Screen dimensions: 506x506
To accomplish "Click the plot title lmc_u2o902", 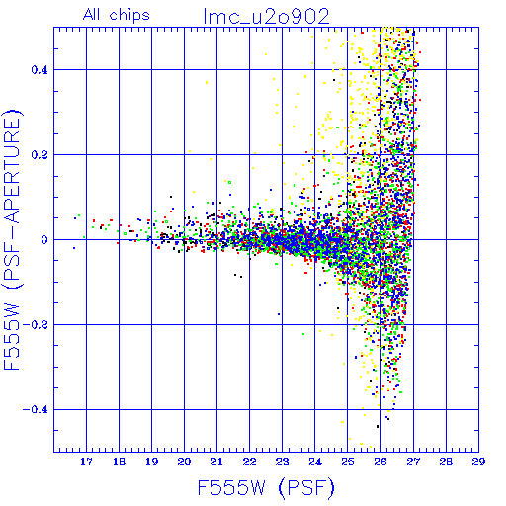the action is tap(267, 16).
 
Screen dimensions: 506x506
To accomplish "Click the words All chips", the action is tap(117, 15).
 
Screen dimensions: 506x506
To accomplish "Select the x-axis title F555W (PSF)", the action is tap(266, 488).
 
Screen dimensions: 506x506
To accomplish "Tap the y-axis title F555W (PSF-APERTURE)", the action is tap(12, 239).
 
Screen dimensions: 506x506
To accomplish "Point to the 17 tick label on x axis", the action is tap(86, 462).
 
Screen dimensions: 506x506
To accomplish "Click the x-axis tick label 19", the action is tap(151, 462).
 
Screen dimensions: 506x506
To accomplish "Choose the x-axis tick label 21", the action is tap(216, 462).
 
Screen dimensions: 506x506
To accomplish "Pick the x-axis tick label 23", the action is tap(283, 462).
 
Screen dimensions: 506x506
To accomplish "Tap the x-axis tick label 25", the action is tap(348, 462).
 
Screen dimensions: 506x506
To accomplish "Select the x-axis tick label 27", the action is tap(413, 462).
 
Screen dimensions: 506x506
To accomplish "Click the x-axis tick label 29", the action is tap(478, 462).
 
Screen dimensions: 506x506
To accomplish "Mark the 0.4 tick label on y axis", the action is tap(40, 70).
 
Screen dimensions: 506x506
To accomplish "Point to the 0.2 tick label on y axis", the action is tap(40, 155).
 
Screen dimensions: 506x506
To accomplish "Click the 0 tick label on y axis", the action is tap(44, 240).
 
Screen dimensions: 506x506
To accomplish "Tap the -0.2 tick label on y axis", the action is tap(36, 325).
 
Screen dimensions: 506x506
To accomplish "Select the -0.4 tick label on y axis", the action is tap(36, 410).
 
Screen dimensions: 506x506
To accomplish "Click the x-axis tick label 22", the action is tap(249, 462).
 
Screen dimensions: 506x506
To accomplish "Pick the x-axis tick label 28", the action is tap(446, 462).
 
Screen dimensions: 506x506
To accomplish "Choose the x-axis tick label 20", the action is tap(184, 462).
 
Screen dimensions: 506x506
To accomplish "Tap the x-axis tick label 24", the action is tap(315, 462).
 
